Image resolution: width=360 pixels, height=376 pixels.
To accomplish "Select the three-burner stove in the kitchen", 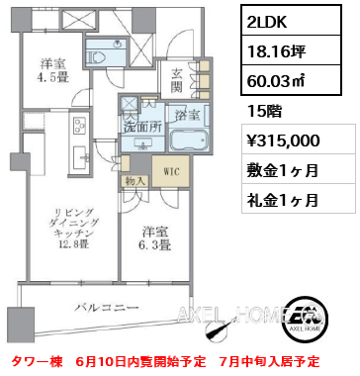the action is point(79,126).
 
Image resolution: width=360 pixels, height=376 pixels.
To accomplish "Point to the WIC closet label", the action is point(171,172).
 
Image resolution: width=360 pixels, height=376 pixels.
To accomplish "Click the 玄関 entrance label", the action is point(177,81).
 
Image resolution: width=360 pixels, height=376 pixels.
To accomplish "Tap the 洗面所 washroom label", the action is point(142,128).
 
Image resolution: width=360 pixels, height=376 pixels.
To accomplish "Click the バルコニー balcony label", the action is point(107,308).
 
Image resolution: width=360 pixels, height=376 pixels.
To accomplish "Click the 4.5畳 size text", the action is point(54,78).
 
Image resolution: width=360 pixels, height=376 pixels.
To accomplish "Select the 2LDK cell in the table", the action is point(291,20).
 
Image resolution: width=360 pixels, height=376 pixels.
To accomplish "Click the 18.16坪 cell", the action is point(291,50).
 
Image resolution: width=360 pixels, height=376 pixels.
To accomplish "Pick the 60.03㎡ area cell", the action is point(291,80).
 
